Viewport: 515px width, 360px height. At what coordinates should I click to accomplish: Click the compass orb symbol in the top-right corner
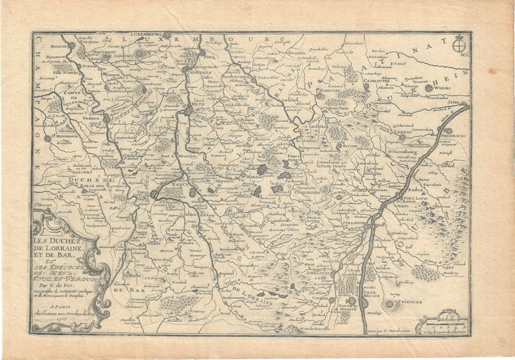coord(459,45)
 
